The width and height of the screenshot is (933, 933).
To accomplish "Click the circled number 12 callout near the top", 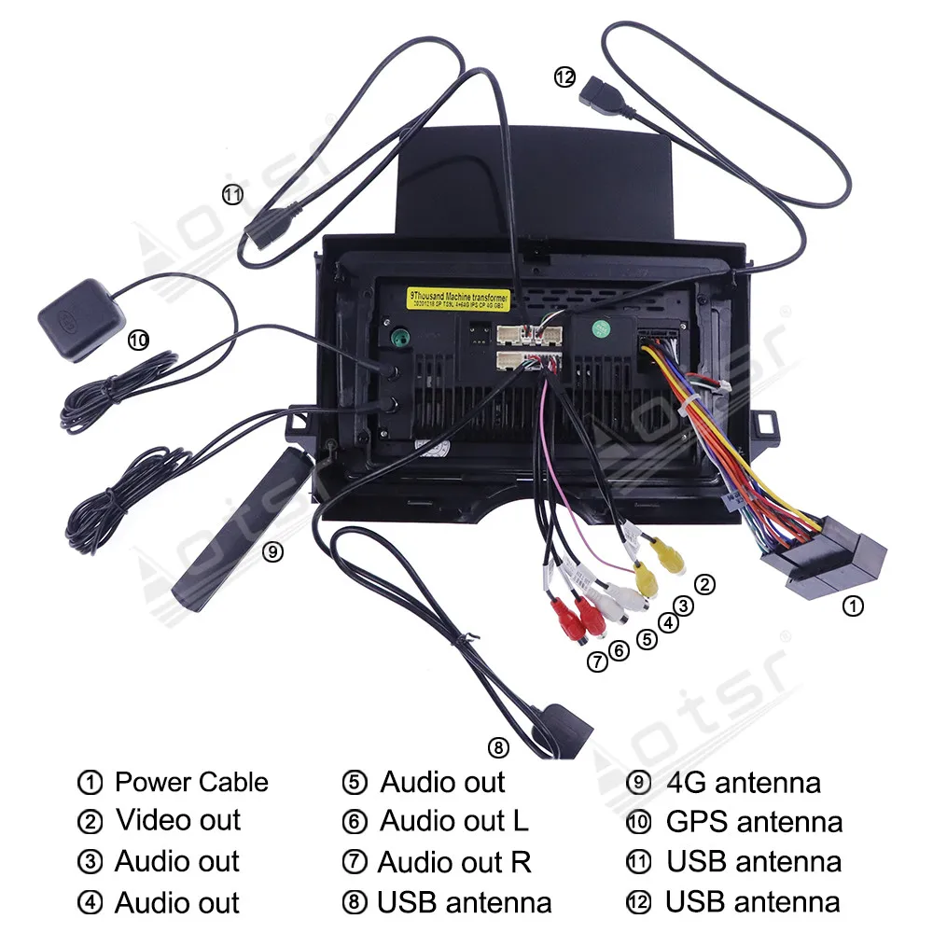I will coord(564,77).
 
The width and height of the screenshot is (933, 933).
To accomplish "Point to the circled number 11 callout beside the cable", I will coord(232,194).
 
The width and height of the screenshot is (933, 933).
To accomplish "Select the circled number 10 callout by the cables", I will coord(138,341).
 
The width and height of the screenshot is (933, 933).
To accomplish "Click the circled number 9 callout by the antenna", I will coord(272,551).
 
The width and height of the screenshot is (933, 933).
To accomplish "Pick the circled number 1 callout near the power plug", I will coord(853,606).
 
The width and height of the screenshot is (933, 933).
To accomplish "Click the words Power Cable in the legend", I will coord(191,782).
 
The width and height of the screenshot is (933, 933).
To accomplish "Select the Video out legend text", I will coord(178,821).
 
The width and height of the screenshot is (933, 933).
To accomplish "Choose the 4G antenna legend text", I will coord(744,782).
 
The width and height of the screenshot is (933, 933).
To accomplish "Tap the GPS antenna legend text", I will coord(754,822).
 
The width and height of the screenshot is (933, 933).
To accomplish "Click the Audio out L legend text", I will coord(453,821).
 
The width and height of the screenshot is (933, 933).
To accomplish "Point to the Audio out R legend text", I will coord(454,862).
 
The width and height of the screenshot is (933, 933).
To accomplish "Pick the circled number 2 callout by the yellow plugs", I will coord(706,585).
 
